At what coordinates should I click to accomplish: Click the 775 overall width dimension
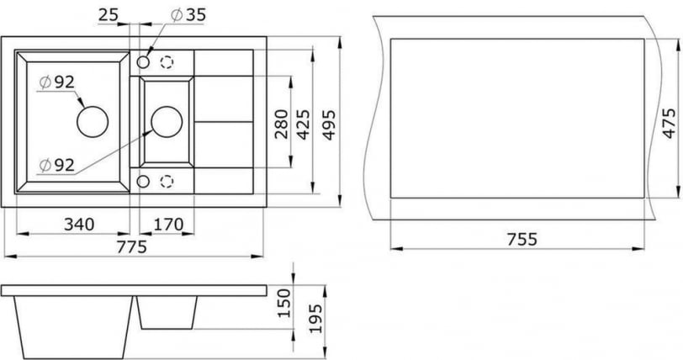pyautogui.click(x=130, y=246)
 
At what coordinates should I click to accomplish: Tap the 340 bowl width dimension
pyautogui.click(x=77, y=224)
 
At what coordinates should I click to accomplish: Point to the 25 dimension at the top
pyautogui.click(x=107, y=14)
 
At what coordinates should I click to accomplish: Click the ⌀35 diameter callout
pyautogui.click(x=187, y=14)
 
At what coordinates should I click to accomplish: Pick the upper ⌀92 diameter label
pyautogui.click(x=57, y=82)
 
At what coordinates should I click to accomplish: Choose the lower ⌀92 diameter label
pyautogui.click(x=57, y=165)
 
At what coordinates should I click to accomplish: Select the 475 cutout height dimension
pyautogui.click(x=670, y=123)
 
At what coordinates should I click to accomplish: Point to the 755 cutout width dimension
pyautogui.click(x=522, y=239)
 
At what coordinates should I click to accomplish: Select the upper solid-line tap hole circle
pyautogui.click(x=143, y=62)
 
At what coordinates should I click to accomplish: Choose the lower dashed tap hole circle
pyautogui.click(x=167, y=181)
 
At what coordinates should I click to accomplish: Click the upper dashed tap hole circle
pyautogui.click(x=167, y=62)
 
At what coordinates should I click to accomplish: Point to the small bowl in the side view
pyautogui.click(x=167, y=311)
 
